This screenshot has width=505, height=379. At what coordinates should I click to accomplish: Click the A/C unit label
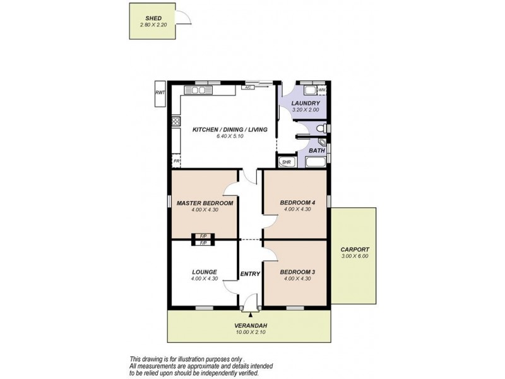pyautogui.click(x=249, y=87)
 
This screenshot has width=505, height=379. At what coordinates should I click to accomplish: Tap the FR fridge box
pyautogui.click(x=177, y=162)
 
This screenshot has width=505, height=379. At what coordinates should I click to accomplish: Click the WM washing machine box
pyautogui.click(x=321, y=90)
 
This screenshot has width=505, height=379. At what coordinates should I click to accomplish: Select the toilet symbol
pyautogui.click(x=321, y=129)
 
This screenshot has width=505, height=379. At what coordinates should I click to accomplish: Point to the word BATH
pyautogui.click(x=316, y=150)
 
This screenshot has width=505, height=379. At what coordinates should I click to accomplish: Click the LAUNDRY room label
pyautogui.click(x=306, y=103)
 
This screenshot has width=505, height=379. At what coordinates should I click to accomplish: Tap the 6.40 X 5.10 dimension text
pyautogui.click(x=230, y=136)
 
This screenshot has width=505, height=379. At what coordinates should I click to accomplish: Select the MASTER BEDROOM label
pyautogui.click(x=205, y=203)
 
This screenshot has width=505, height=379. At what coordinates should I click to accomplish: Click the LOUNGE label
pyautogui.click(x=205, y=272)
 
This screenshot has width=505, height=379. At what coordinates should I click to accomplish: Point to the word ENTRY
pyautogui.click(x=251, y=274)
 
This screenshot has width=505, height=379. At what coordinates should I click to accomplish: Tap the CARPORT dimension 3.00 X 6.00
pyautogui.click(x=354, y=256)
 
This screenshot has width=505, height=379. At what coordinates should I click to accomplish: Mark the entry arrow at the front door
pyautogui.click(x=251, y=313)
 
